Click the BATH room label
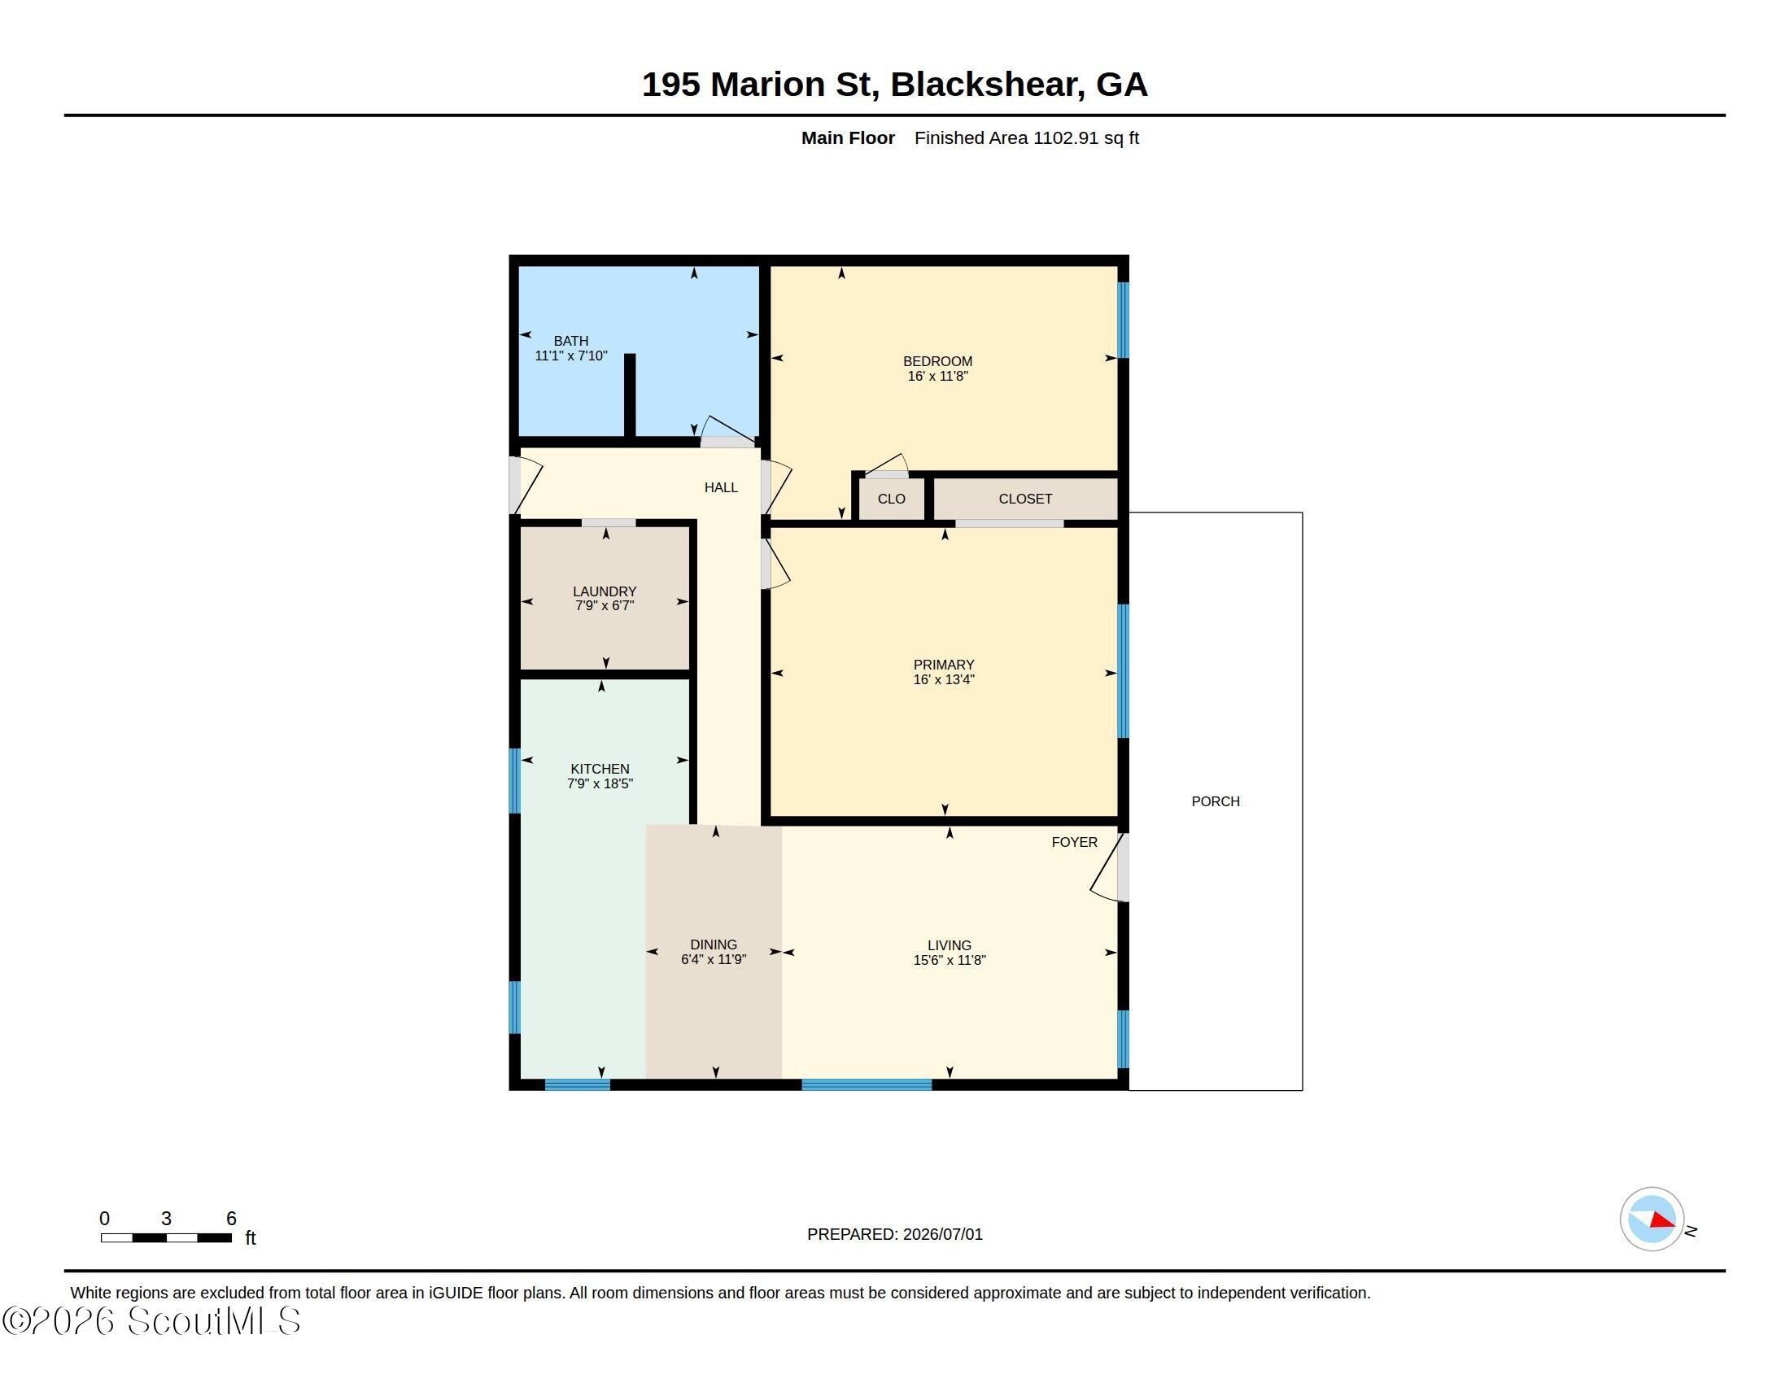tap(570, 341)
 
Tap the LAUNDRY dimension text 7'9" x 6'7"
tap(605, 605)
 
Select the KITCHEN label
tap(600, 769)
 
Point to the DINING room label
tap(713, 945)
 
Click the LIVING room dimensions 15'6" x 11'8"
tap(949, 960)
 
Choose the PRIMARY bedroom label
tap(943, 665)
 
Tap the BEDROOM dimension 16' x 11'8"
tap(937, 376)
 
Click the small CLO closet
tap(892, 498)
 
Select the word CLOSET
tap(1025, 498)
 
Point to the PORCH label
tap(1216, 801)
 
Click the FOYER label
tap(1075, 842)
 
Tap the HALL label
tap(721, 487)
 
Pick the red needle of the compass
tap(1663, 1220)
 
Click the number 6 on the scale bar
tap(231, 1219)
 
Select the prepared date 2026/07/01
tap(942, 1234)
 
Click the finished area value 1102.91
tap(1066, 137)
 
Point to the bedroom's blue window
tap(1124, 321)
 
